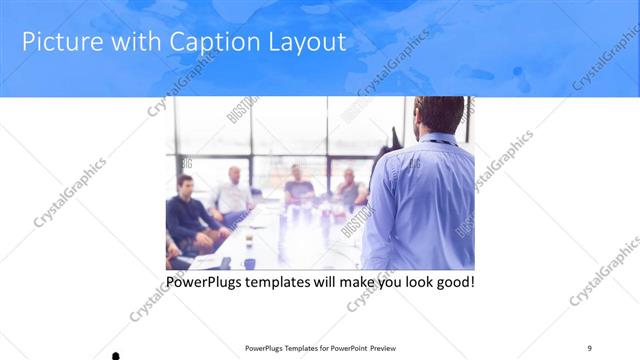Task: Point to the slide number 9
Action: (x=589, y=347)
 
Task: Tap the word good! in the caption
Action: (x=454, y=282)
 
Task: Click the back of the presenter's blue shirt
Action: (x=420, y=200)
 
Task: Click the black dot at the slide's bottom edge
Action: (x=115, y=355)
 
